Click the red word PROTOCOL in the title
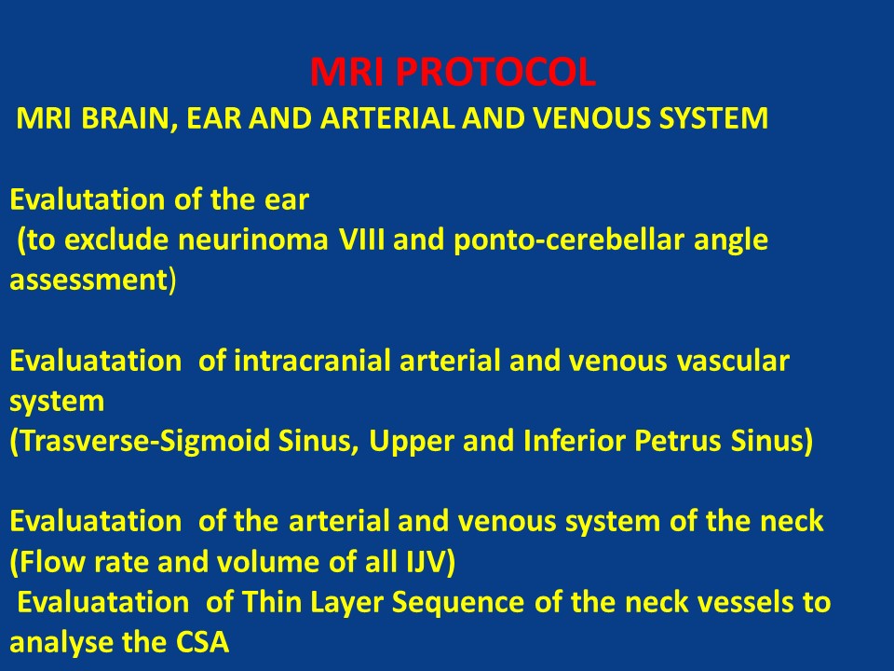tap(495, 72)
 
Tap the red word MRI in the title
tap(347, 72)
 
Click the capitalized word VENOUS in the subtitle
tap(589, 118)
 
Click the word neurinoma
tap(253, 240)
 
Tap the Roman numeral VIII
tap(362, 240)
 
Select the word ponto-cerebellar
tap(568, 240)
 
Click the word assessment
tap(88, 281)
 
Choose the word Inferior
tap(573, 441)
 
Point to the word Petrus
tap(670, 442)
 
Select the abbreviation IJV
tap(426, 562)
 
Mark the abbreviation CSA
tap(202, 642)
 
